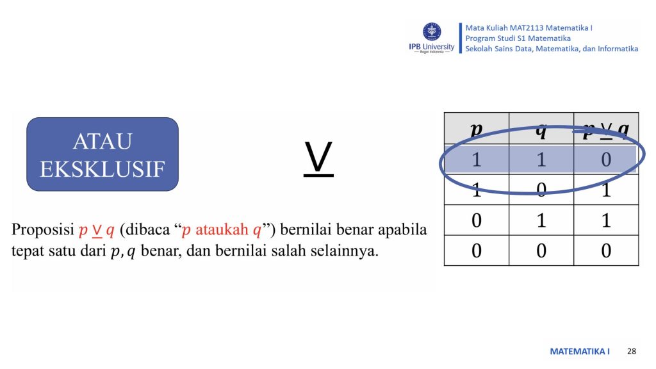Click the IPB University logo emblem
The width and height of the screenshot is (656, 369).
(432, 32)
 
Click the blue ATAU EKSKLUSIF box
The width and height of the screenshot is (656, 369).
(102, 154)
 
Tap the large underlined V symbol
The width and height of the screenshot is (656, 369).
(318, 159)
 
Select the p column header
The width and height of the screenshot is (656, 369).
(476, 129)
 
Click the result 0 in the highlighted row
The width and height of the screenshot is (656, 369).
(606, 160)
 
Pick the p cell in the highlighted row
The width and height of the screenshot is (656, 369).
(477, 160)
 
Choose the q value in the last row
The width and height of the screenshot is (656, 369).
(541, 250)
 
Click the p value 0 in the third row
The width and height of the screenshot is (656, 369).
(477, 220)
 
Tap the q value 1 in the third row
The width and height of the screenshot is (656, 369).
(541, 220)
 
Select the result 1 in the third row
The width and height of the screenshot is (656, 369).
(606, 220)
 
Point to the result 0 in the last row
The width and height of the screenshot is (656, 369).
(606, 250)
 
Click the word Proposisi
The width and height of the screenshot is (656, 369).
(43, 230)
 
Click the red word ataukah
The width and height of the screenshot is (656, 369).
(222, 229)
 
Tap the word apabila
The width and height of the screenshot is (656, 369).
(402, 230)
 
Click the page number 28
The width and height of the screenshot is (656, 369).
(632, 351)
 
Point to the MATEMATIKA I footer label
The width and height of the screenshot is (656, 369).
(579, 352)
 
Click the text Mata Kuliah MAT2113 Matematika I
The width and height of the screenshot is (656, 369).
(529, 28)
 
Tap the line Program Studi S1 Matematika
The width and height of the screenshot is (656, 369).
(518, 38)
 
